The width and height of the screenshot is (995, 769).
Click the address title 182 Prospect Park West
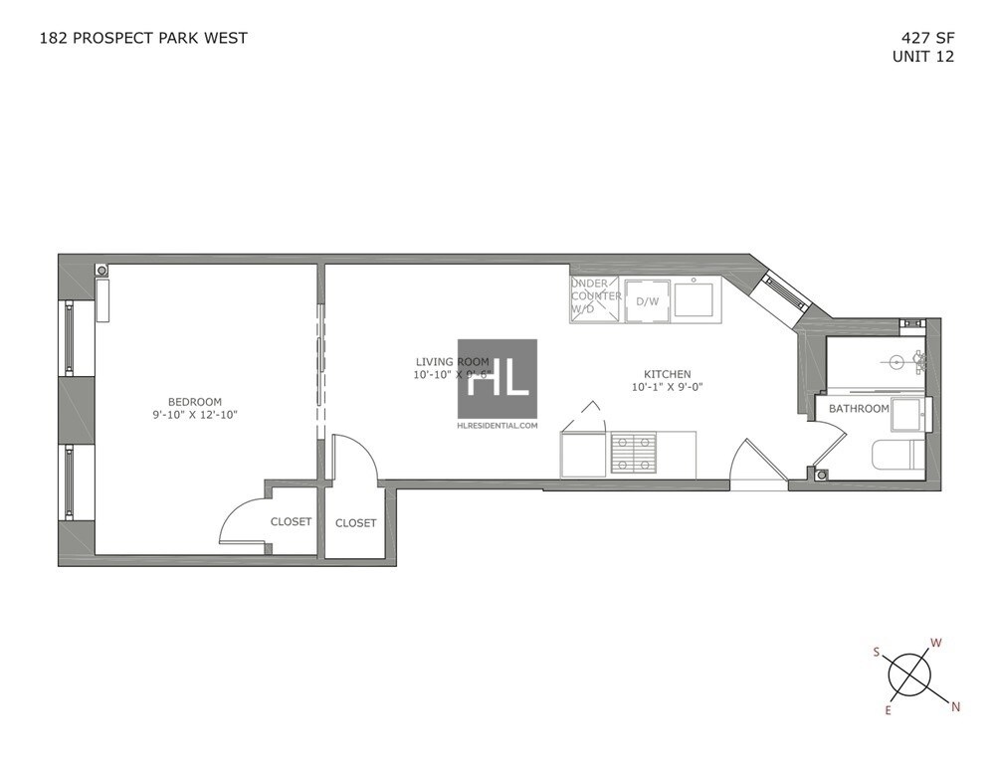point(143,38)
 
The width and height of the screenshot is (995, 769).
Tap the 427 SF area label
point(925,39)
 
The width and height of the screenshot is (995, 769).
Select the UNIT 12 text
point(923,57)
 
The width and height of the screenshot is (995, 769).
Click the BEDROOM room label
point(194,401)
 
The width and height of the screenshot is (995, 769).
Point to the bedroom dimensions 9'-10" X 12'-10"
point(194,415)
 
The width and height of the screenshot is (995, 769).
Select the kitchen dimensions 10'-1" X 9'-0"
point(667,388)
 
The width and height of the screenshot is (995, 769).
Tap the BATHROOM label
point(859,409)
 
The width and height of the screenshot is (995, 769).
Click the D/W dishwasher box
point(647,301)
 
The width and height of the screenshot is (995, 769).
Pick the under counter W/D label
point(596,296)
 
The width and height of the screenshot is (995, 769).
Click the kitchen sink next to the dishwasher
point(694,298)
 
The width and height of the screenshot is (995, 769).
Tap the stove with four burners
point(633,454)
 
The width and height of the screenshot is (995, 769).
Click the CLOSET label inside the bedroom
point(291,521)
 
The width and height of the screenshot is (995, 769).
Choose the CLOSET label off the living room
point(355,522)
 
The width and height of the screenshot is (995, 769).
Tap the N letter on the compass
point(956,707)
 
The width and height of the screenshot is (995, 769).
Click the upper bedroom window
point(69,337)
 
